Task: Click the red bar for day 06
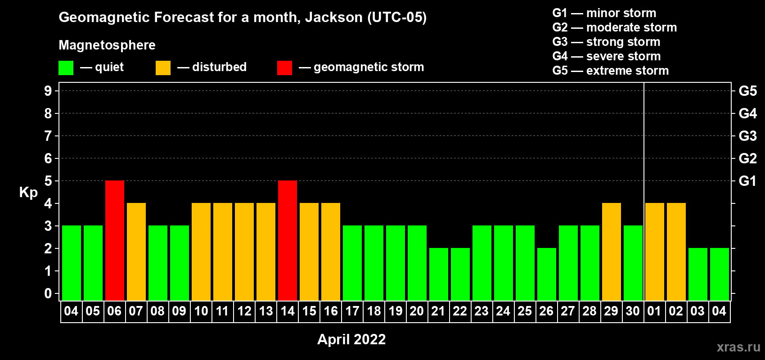115,240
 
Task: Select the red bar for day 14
288,240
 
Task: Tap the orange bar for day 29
612,252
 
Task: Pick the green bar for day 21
439,274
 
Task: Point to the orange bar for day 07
136,252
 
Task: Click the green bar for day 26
547,274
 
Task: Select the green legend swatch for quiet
66,67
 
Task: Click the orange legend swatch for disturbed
163,67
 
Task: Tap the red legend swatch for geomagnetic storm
285,67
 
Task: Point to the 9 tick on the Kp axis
48,91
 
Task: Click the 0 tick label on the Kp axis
48,293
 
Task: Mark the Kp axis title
28,193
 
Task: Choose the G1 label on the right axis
747,181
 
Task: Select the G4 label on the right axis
747,113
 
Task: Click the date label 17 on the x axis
352,311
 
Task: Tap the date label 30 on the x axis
633,311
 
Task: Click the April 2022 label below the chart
351,339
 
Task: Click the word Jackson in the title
333,17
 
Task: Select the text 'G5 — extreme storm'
611,71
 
